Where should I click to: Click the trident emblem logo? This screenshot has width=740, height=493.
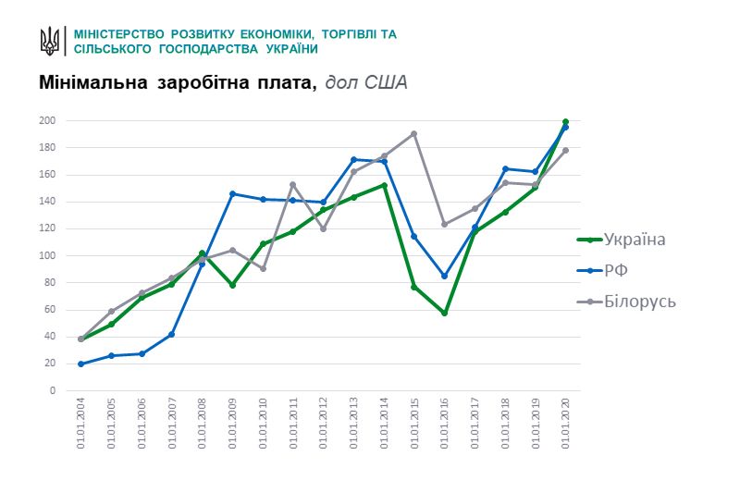(x=50, y=41)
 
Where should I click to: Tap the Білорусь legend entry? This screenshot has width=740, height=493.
(x=639, y=302)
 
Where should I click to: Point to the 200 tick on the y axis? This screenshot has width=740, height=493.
(x=47, y=121)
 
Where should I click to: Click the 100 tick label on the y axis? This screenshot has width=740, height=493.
(x=47, y=256)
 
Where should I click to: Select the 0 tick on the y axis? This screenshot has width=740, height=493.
(x=52, y=390)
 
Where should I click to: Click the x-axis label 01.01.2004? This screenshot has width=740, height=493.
(x=80, y=424)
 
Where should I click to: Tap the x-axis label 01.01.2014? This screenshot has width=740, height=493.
(x=384, y=424)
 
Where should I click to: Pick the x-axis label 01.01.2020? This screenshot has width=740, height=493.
(x=565, y=424)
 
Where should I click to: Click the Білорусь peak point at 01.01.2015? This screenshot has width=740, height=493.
(x=413, y=133)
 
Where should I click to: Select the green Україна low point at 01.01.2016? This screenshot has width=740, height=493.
(x=444, y=313)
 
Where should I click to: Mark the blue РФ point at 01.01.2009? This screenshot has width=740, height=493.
(x=232, y=193)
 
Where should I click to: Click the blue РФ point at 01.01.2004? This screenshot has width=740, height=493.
(x=80, y=364)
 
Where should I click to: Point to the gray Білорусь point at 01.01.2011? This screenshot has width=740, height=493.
(x=293, y=184)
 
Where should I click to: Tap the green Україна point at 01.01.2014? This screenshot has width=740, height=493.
(x=384, y=185)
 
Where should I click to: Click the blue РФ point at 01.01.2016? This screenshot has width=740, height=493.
(x=444, y=276)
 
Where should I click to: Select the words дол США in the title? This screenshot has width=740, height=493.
(x=366, y=83)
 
